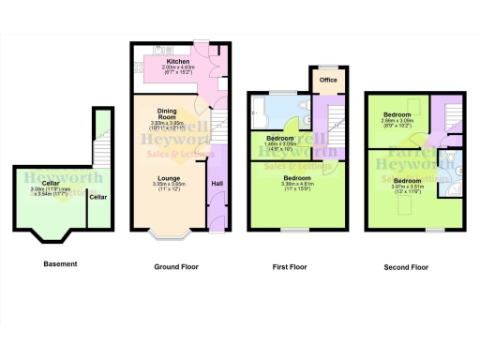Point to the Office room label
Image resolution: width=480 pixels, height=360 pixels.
pyautogui.click(x=328, y=80)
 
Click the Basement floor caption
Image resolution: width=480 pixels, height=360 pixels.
pyautogui.click(x=60, y=264)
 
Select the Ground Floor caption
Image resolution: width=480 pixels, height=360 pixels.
pyautogui.click(x=176, y=267)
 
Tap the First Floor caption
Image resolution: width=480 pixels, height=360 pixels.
pyautogui.click(x=291, y=267)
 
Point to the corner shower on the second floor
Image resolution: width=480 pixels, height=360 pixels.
pyautogui.click(x=454, y=182)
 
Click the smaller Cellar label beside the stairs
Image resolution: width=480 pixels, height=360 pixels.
pyautogui.click(x=97, y=197)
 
